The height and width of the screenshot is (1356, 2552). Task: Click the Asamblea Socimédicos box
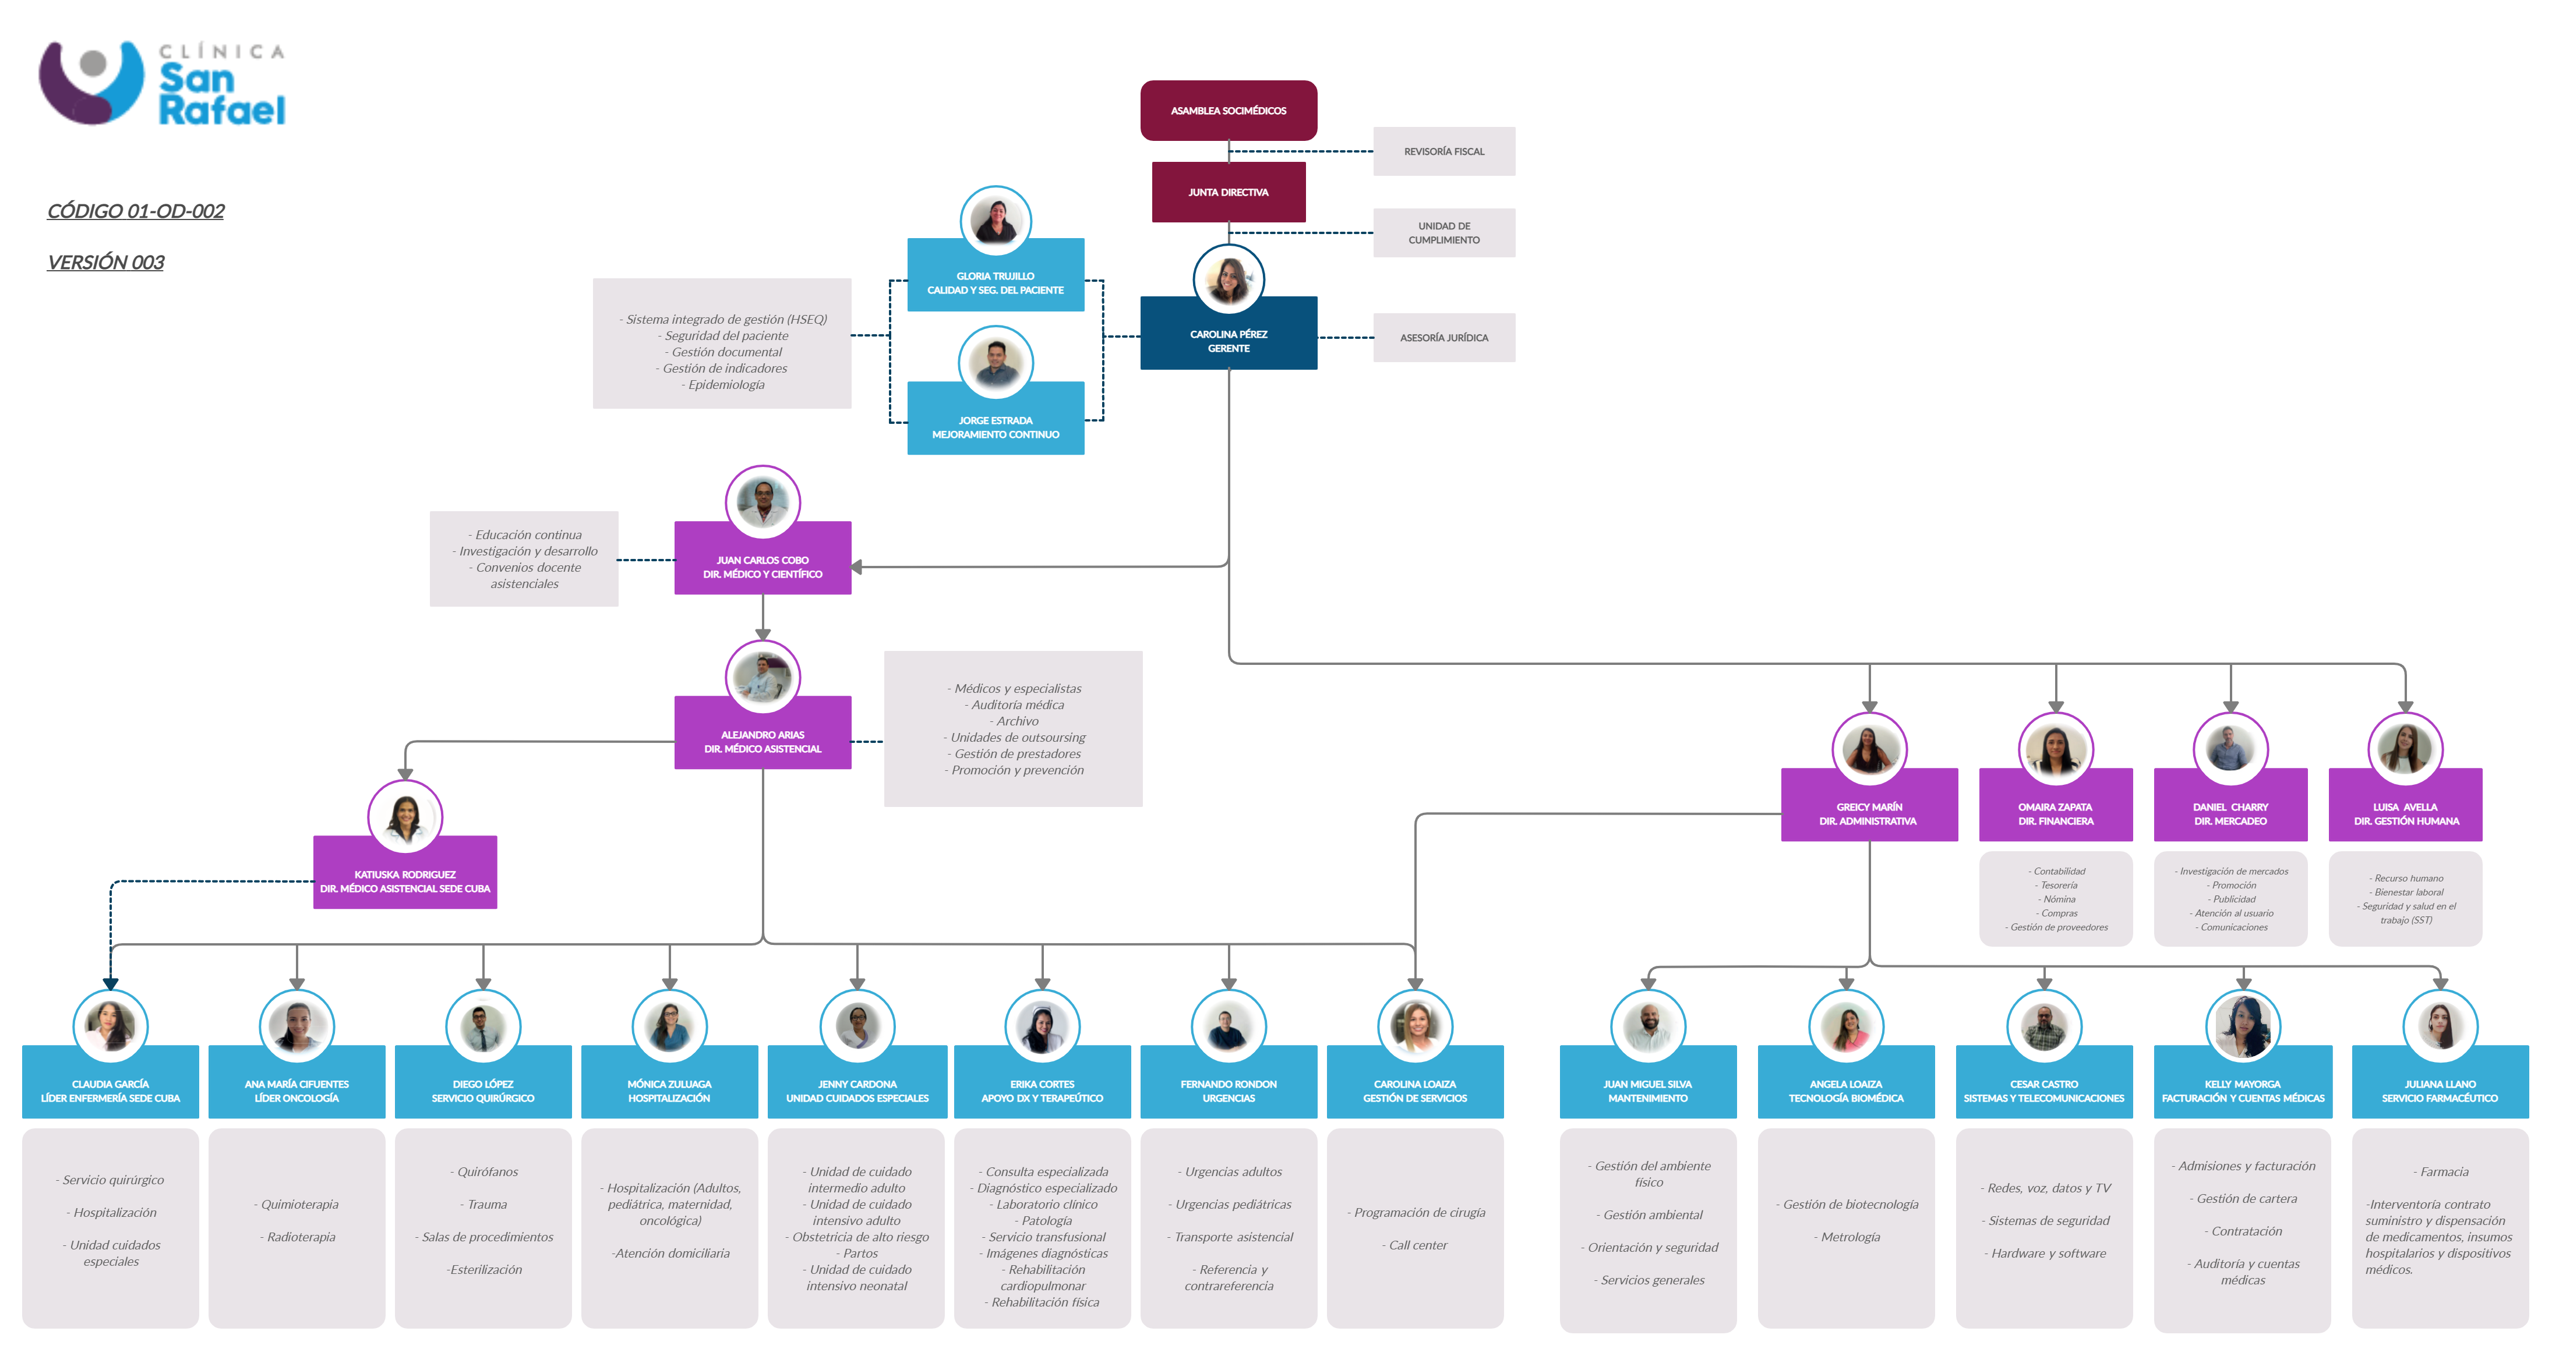tap(1229, 110)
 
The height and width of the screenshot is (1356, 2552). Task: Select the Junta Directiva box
tap(1229, 192)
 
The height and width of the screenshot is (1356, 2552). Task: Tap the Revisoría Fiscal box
tap(1443, 151)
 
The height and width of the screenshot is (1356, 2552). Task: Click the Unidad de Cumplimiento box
tap(1443, 233)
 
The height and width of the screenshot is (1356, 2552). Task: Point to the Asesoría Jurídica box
tap(1443, 338)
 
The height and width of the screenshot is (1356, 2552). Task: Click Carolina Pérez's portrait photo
tap(1229, 280)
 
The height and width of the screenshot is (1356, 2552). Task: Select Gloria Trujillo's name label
tap(996, 282)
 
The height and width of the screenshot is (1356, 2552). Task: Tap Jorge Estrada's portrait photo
tap(996, 363)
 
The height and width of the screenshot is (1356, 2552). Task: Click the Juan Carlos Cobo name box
tap(763, 567)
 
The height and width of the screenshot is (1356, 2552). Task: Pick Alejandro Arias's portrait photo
tap(763, 678)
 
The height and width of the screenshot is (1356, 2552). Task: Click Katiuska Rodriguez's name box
tap(405, 880)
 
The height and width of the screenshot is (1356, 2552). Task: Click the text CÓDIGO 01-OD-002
tap(136, 211)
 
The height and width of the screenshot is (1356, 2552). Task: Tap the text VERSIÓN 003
tap(106, 263)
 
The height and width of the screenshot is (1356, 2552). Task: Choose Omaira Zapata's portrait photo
tap(2056, 749)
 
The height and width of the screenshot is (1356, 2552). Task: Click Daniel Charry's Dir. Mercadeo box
tap(2230, 813)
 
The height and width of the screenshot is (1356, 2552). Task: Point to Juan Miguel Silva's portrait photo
tap(1647, 1026)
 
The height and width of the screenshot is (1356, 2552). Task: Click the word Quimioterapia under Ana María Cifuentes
tap(299, 1205)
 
